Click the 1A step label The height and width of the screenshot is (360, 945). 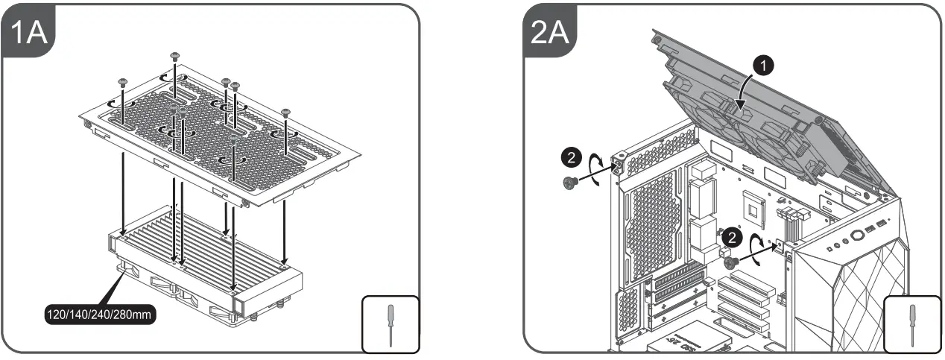point(29,34)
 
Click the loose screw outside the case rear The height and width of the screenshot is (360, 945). point(572,183)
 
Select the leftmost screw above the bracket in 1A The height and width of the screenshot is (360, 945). point(122,82)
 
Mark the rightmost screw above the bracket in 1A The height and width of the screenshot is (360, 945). point(285,113)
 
